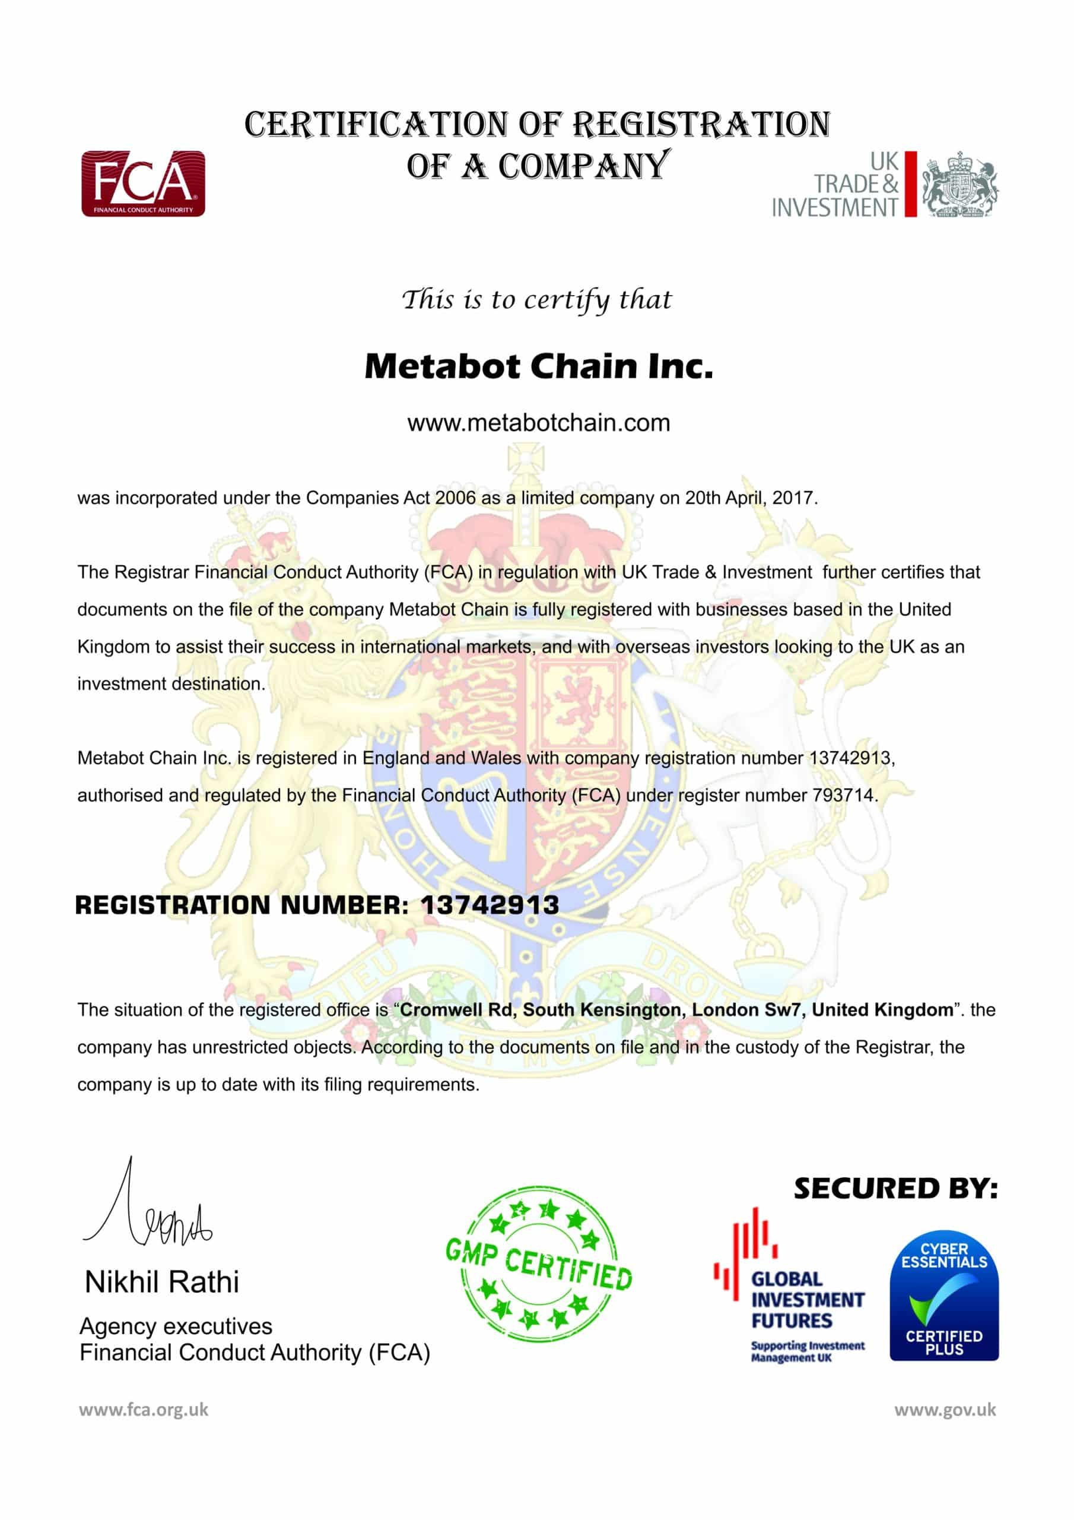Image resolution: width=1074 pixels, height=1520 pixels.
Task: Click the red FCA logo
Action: point(143,183)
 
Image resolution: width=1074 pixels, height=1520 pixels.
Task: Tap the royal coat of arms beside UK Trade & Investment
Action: point(959,184)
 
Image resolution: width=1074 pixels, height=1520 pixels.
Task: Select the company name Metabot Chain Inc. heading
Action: point(538,366)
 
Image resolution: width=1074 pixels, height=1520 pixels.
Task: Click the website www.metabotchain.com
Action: point(538,422)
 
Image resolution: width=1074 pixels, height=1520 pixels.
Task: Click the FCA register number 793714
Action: point(843,795)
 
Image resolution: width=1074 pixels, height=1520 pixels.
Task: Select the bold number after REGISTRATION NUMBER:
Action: point(490,905)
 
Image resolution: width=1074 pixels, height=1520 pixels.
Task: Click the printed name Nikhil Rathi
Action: point(161,1282)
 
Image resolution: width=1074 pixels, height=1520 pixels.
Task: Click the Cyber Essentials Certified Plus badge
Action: point(943,1295)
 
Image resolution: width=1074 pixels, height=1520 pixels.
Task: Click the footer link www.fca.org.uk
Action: point(144,1410)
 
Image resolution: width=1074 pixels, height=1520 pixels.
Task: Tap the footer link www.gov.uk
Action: point(945,1410)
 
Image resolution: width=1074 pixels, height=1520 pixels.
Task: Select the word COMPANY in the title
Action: point(584,166)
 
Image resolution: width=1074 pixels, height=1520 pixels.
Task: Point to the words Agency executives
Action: point(176,1326)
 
